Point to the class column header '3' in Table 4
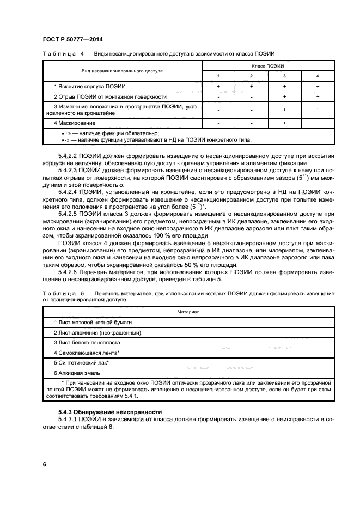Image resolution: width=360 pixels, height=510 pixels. coord(284,76)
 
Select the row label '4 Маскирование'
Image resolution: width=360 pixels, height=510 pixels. coord(71,123)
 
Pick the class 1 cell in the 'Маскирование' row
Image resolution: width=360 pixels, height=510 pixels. coord(218,123)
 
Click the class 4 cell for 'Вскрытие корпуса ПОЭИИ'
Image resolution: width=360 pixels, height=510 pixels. coord(318,87)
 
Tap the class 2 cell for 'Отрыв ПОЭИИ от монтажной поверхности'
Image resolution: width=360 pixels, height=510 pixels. coord(251,96)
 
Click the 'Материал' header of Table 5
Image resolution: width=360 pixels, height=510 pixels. coord(188,312)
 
